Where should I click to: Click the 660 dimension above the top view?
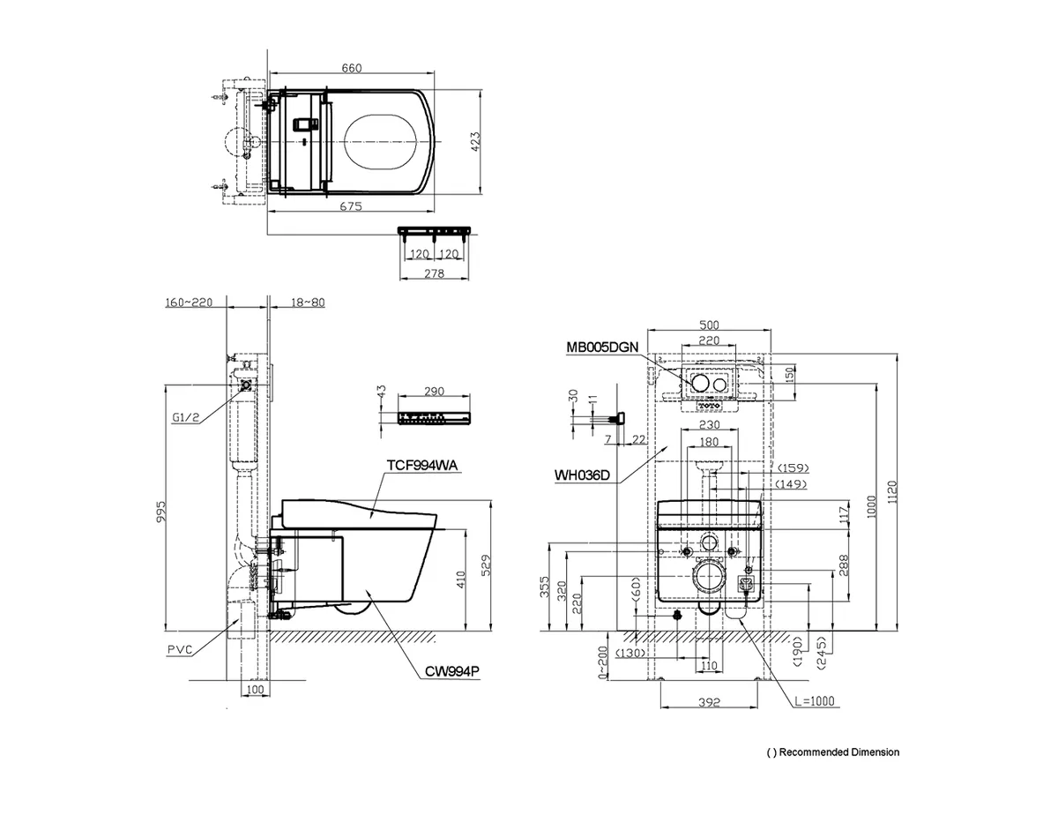[x=352, y=68]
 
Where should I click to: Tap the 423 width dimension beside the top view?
[x=476, y=142]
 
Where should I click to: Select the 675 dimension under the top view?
[x=351, y=206]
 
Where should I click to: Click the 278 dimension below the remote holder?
[x=434, y=273]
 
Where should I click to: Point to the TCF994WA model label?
[x=422, y=466]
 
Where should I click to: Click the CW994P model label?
[x=452, y=671]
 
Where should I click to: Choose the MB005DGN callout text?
[x=602, y=348]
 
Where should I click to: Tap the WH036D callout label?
[x=582, y=475]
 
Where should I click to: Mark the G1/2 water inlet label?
[x=186, y=417]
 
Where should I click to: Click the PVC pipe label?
[x=180, y=649]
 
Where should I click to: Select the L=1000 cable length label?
[x=815, y=701]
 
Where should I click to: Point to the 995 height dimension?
[x=160, y=512]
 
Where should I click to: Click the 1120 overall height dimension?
[x=891, y=491]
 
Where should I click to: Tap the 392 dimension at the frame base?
[x=709, y=702]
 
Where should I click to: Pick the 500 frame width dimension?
[x=709, y=325]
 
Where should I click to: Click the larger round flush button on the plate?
[x=700, y=384]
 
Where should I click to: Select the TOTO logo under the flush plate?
[x=709, y=405]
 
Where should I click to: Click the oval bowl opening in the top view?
[x=381, y=142]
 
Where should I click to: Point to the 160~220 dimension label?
[x=189, y=303]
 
